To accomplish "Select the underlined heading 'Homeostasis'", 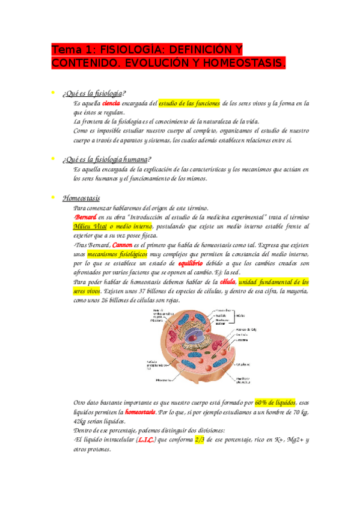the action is tap(81, 198).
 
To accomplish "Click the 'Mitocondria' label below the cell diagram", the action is tap(165, 380).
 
